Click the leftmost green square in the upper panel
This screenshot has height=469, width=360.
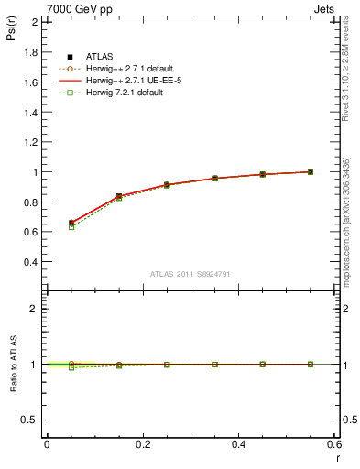click(71, 226)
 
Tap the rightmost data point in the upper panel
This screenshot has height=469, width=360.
click(311, 171)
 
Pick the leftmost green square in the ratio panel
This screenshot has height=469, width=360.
click(71, 367)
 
